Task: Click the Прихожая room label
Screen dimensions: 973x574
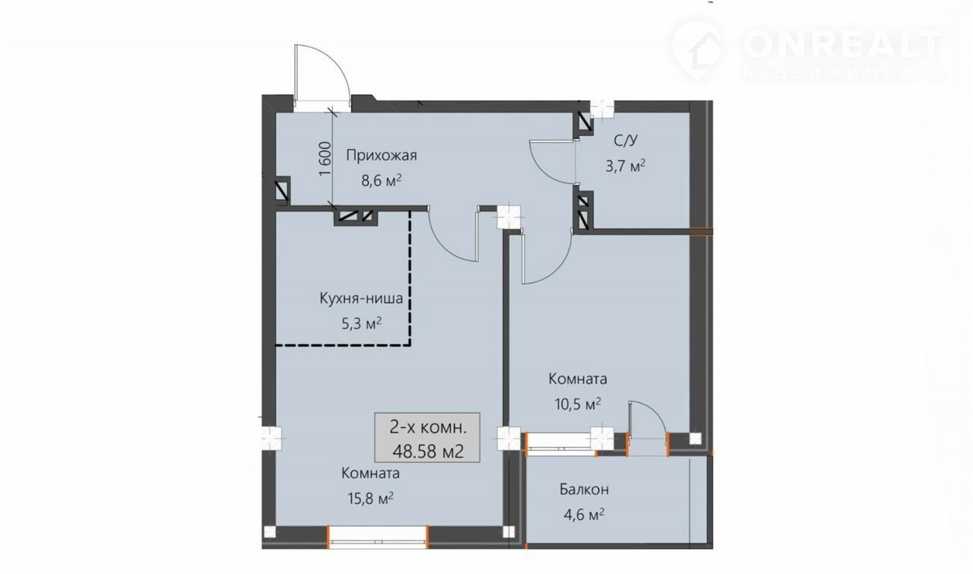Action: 382,156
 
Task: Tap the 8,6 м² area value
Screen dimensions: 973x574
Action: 382,180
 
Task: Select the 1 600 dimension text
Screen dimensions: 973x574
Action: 326,159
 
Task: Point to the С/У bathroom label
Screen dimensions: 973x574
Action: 626,141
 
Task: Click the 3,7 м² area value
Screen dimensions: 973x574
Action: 626,166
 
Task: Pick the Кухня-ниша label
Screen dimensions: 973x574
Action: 361,299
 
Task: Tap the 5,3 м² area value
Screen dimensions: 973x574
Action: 361,323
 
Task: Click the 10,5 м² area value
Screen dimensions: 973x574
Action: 578,404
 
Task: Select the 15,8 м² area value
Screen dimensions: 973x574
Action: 370,498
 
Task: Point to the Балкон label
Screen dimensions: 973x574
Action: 584,490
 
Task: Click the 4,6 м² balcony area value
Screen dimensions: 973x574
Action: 584,515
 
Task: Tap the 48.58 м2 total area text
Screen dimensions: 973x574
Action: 428,452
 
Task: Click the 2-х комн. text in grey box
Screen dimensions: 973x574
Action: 428,427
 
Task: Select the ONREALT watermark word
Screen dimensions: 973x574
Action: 844,45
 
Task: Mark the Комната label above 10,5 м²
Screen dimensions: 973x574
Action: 578,379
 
